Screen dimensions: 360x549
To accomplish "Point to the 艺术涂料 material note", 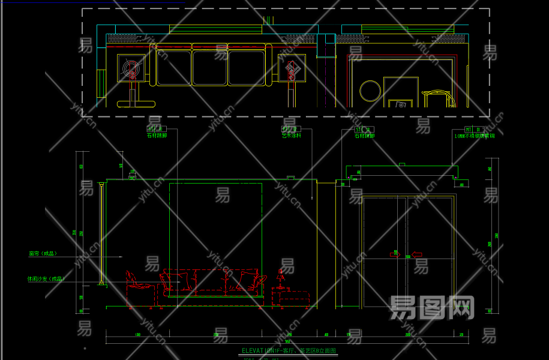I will [x=291, y=136].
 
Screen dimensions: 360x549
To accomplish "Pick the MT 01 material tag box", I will [x=473, y=129].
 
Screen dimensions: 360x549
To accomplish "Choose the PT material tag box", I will [x=290, y=129].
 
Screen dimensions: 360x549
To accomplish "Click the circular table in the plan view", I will [x=370, y=91].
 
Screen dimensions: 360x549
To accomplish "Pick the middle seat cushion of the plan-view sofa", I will [x=210, y=67].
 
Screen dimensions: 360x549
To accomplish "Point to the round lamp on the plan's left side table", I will [x=131, y=67].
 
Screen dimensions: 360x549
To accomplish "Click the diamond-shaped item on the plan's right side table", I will [x=292, y=68].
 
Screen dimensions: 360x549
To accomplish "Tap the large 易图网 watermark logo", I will [x=432, y=307].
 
